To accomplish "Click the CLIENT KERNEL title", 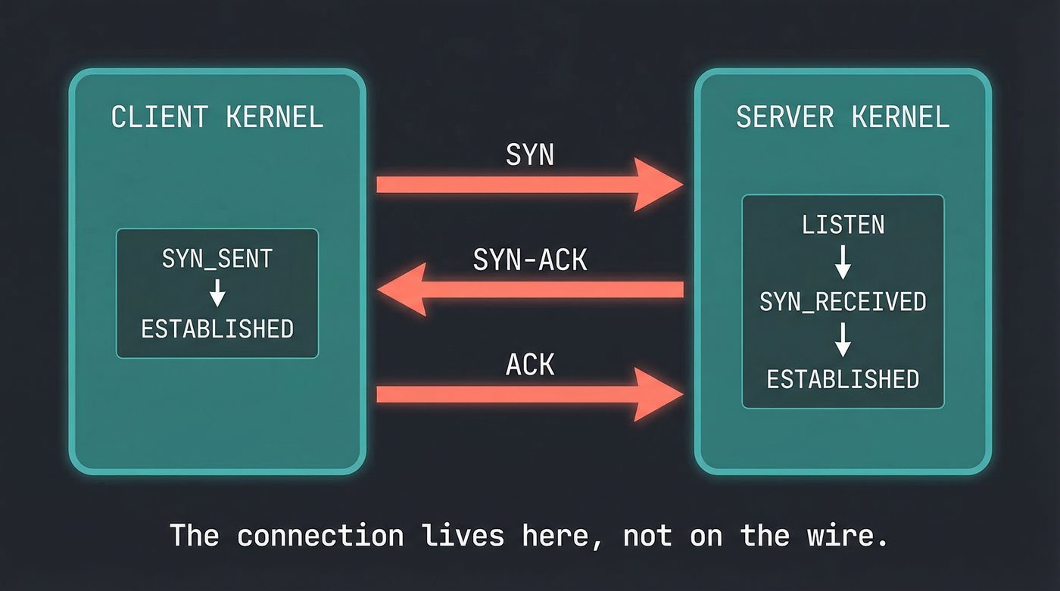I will pyautogui.click(x=217, y=117).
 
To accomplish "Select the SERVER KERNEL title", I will pyautogui.click(x=842, y=117).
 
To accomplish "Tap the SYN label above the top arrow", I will pyautogui.click(x=529, y=155).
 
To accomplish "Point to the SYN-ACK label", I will pyautogui.click(x=529, y=260).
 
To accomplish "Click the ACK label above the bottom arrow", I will pyautogui.click(x=529, y=365).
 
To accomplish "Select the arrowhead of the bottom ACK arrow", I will pyautogui.click(x=657, y=394).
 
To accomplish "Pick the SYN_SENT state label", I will pyautogui.click(x=217, y=259).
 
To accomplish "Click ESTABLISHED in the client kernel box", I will pyautogui.click(x=217, y=329).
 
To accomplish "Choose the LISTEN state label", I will pyautogui.click(x=843, y=225).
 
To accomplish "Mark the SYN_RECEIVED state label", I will pyautogui.click(x=843, y=302).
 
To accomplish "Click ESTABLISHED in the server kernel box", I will pyautogui.click(x=843, y=379).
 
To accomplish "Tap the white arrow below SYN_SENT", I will pyautogui.click(x=217, y=294).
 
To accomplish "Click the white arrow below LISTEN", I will pyautogui.click(x=843, y=263).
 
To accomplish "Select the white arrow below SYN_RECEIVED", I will pyautogui.click(x=843, y=341).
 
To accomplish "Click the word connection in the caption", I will pyautogui.click(x=320, y=536).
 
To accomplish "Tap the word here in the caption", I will pyautogui.click(x=561, y=536).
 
